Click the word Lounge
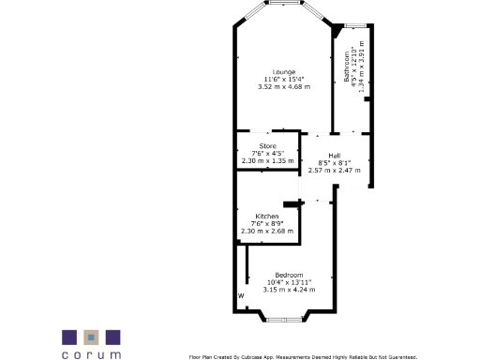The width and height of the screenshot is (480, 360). [x=283, y=72]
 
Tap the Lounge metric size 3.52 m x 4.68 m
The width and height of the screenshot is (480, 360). [x=283, y=86]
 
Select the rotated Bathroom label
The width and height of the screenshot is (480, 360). [x=347, y=67]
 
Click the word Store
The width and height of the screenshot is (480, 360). [x=267, y=146]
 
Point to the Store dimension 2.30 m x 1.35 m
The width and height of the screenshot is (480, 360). [x=267, y=160]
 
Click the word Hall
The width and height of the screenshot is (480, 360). [x=334, y=156]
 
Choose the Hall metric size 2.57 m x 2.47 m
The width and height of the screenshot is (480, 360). [x=334, y=171]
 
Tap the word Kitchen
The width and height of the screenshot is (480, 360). [x=267, y=216]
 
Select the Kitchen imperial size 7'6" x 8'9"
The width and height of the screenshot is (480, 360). [x=267, y=223]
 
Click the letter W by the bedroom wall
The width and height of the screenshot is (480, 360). [x=241, y=296]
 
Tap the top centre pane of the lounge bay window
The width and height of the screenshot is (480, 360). [x=282, y=5]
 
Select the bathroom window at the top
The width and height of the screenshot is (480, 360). [x=355, y=25]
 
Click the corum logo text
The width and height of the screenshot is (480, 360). [x=91, y=354]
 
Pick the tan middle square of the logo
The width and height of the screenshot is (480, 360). [x=91, y=337]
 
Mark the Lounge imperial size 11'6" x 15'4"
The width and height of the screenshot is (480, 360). [x=283, y=79]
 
